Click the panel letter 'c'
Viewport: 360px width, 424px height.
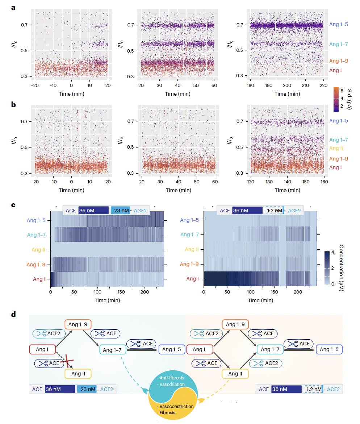(x=13, y=205)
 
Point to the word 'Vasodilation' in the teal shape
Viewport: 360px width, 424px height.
(x=172, y=384)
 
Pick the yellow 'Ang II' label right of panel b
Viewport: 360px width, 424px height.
(x=336, y=149)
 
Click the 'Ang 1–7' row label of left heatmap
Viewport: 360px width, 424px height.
(x=37, y=235)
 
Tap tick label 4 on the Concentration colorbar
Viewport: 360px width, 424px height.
(x=333, y=252)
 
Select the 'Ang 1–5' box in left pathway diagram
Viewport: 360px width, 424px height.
(x=172, y=349)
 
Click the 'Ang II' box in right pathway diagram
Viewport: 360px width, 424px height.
(x=235, y=373)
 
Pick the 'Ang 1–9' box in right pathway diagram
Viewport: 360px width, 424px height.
(x=235, y=324)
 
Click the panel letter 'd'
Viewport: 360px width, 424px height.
(x=13, y=314)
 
